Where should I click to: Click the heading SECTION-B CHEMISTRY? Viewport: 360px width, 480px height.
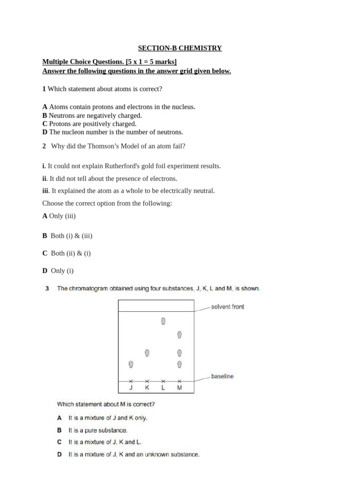click(x=180, y=48)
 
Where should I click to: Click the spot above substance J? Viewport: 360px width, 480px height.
click(x=131, y=364)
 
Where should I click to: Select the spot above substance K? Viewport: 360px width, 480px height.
click(x=147, y=352)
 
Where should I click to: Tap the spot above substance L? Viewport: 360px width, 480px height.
click(x=163, y=321)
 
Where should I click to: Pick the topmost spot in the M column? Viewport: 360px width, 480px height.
click(x=179, y=335)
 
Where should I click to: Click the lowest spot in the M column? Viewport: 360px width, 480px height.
click(x=179, y=364)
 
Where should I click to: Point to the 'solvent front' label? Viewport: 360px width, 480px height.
click(x=227, y=307)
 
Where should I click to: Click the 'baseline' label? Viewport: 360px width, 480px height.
click(x=222, y=376)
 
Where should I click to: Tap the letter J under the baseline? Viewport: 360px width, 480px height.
click(x=131, y=388)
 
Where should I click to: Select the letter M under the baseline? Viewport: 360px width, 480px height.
click(x=179, y=388)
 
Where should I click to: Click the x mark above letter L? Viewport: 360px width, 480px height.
click(x=163, y=381)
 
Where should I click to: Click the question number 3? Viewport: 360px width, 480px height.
click(x=47, y=289)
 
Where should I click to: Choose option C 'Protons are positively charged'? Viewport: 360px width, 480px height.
click(x=90, y=124)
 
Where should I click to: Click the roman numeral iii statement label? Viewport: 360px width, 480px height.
click(x=45, y=191)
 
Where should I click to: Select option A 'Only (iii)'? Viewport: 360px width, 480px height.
click(x=59, y=216)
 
